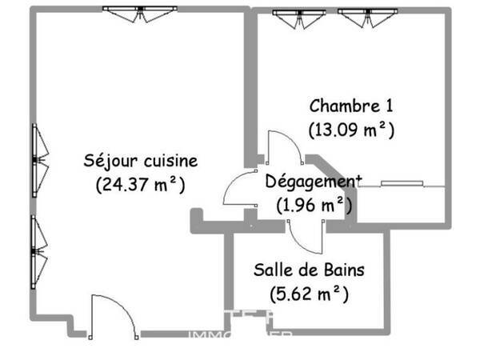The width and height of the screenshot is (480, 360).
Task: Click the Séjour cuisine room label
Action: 141,161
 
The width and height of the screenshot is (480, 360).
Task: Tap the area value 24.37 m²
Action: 141,185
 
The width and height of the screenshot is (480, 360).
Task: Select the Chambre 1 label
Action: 351,106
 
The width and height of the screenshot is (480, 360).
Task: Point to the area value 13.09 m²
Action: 351,128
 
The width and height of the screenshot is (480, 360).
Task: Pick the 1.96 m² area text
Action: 314,205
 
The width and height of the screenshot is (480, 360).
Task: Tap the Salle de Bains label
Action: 309,270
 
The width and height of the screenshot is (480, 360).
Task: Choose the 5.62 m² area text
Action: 309,294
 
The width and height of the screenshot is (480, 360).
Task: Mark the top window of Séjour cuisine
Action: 140,14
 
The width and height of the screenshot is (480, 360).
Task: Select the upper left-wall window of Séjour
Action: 38,159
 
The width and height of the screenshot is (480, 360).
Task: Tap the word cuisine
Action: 170,161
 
